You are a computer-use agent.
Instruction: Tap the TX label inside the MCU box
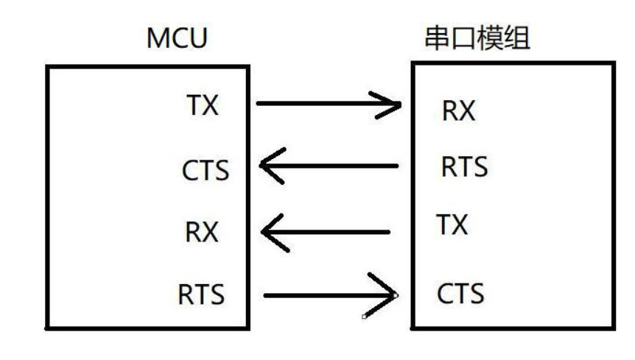(200, 106)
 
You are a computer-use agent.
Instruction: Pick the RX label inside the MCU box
(201, 233)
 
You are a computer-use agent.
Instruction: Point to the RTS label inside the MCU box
(201, 295)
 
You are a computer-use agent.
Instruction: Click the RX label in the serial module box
(458, 110)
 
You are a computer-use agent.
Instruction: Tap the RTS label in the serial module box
(464, 167)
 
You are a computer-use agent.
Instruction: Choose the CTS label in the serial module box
(460, 294)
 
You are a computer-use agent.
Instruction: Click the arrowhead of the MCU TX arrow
(390, 105)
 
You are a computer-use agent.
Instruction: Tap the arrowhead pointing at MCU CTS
(271, 167)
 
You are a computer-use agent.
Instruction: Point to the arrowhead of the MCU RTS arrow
(386, 297)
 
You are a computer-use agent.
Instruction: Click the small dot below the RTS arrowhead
(364, 317)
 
